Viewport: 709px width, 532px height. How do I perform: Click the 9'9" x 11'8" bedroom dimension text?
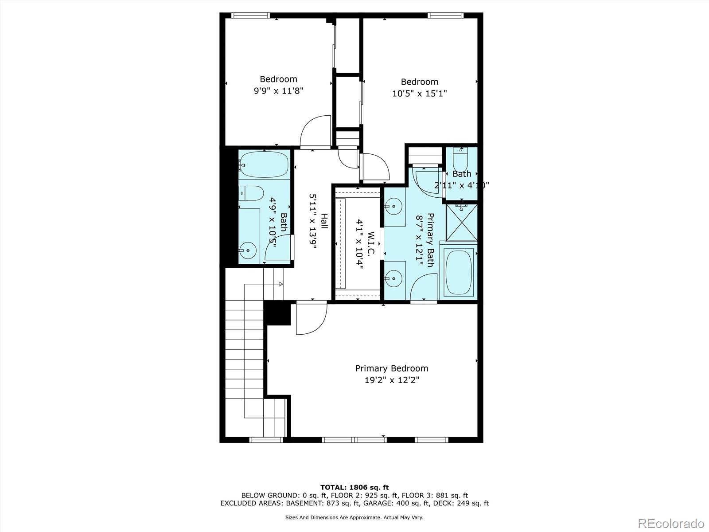tap(278, 91)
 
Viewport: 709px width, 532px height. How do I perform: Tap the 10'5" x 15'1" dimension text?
tap(419, 94)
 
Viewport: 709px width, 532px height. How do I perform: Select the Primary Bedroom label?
tap(392, 368)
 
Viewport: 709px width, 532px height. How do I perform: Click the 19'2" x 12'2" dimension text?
tap(392, 380)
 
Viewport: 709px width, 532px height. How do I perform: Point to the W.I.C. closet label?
tap(371, 243)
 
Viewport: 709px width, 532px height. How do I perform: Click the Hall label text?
tap(324, 221)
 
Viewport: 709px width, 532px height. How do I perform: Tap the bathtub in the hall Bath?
tap(265, 164)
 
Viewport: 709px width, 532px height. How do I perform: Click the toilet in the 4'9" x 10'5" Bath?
tap(251, 193)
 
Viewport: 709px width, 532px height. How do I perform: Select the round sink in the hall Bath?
tap(248, 250)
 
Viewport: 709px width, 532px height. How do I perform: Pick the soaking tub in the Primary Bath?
tap(459, 274)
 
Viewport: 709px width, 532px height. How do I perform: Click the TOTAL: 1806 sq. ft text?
tap(354, 487)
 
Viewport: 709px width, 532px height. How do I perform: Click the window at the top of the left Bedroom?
tap(251, 16)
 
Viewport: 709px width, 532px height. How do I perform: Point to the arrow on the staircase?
tap(281, 284)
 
